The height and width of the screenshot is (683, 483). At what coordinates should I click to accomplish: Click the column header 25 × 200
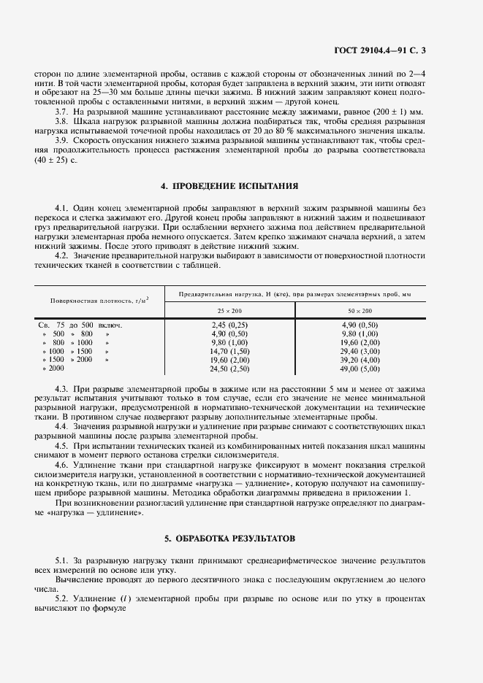point(229,310)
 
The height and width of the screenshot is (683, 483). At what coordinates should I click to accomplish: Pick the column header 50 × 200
point(360,310)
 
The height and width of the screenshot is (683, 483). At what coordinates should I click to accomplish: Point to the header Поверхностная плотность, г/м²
point(99,301)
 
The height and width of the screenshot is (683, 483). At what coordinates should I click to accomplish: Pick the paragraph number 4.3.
point(62,390)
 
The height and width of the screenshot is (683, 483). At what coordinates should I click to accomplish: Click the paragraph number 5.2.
point(62,597)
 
